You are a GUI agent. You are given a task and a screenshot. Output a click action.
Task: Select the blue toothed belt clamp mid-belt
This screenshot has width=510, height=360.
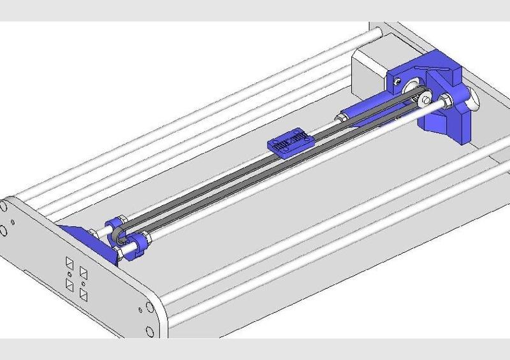(291, 141)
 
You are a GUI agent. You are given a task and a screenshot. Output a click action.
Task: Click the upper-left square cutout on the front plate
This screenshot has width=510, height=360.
(69, 263)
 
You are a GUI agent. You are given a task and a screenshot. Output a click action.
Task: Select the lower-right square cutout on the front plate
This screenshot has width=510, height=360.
(84, 295)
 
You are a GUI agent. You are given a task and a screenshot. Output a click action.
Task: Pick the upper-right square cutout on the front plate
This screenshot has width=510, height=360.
(84, 273)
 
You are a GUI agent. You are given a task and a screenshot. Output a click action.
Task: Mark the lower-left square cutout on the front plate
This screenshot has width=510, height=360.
(69, 284)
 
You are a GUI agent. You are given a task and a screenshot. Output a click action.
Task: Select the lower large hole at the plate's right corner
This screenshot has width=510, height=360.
(149, 332)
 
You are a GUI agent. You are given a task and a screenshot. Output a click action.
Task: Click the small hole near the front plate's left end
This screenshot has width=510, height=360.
(14, 222)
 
